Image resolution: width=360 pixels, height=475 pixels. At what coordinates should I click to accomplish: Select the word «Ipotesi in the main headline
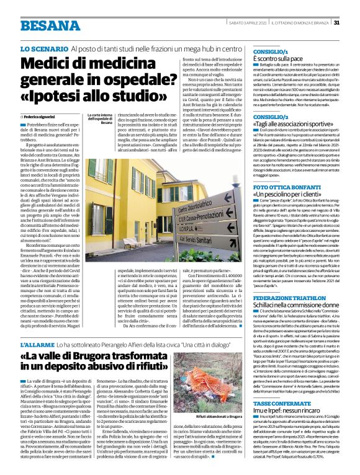[68, 97]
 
